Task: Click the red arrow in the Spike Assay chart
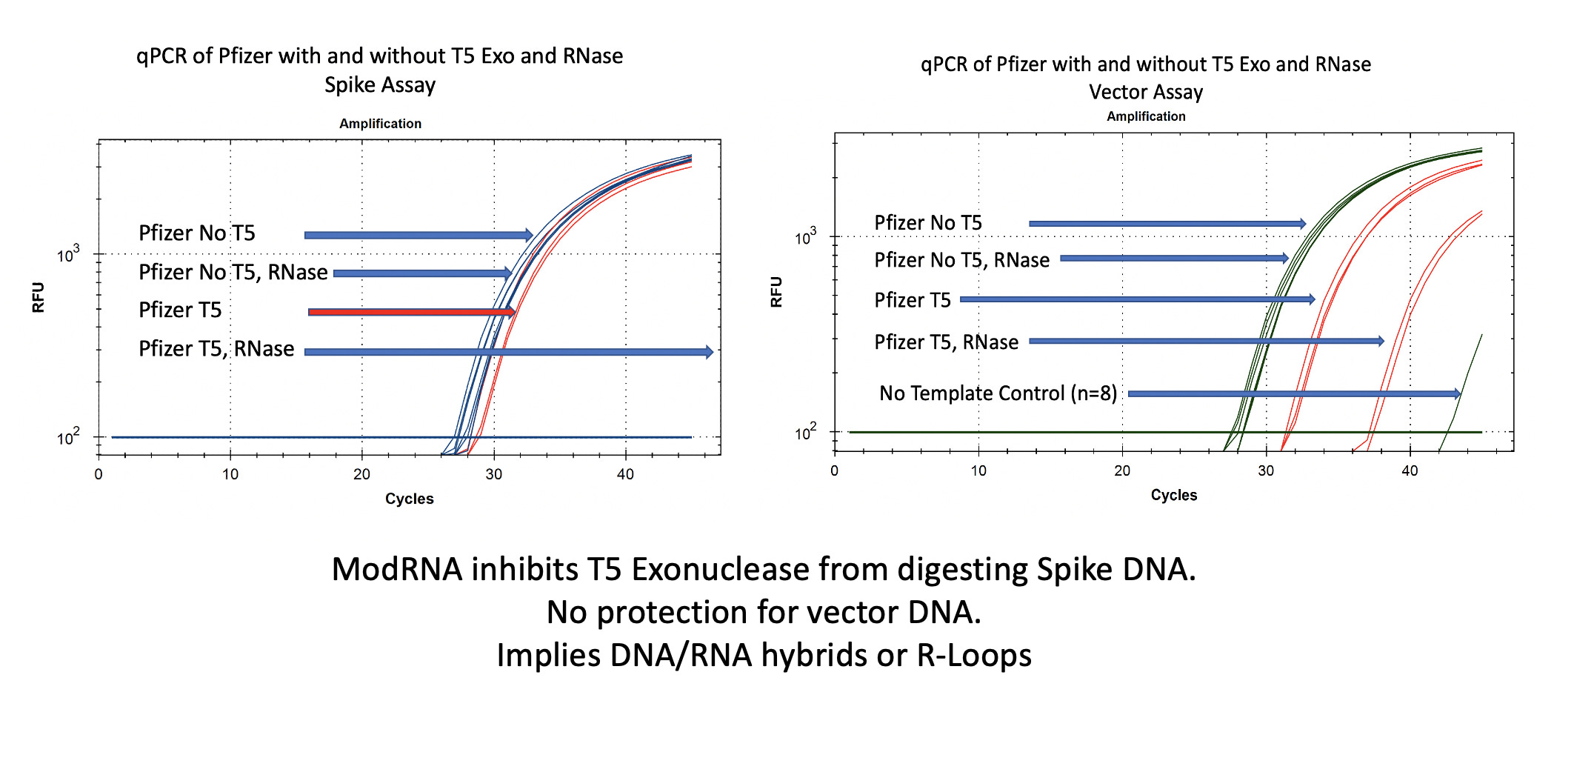coord(411,312)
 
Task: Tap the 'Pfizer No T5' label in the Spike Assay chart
coord(197,233)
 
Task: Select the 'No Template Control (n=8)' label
coord(998,393)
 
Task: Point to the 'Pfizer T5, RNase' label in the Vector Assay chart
coord(946,342)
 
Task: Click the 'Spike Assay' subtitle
coord(380,85)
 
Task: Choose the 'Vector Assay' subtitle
coord(1146,93)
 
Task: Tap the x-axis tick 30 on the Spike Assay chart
coord(493,474)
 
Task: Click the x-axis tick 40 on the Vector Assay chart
coord(1410,471)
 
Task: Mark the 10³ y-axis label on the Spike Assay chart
coord(68,255)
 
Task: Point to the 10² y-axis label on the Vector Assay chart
coord(805,432)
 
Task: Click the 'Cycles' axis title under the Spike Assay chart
coord(409,499)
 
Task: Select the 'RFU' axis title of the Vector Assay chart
coord(776,292)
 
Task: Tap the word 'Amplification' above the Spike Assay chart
coord(380,124)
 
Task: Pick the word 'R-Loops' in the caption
coord(974,656)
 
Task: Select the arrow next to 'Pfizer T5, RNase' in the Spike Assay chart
coord(508,352)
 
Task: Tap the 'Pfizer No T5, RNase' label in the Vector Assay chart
coord(961,260)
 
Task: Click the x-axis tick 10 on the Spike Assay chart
coord(230,474)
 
